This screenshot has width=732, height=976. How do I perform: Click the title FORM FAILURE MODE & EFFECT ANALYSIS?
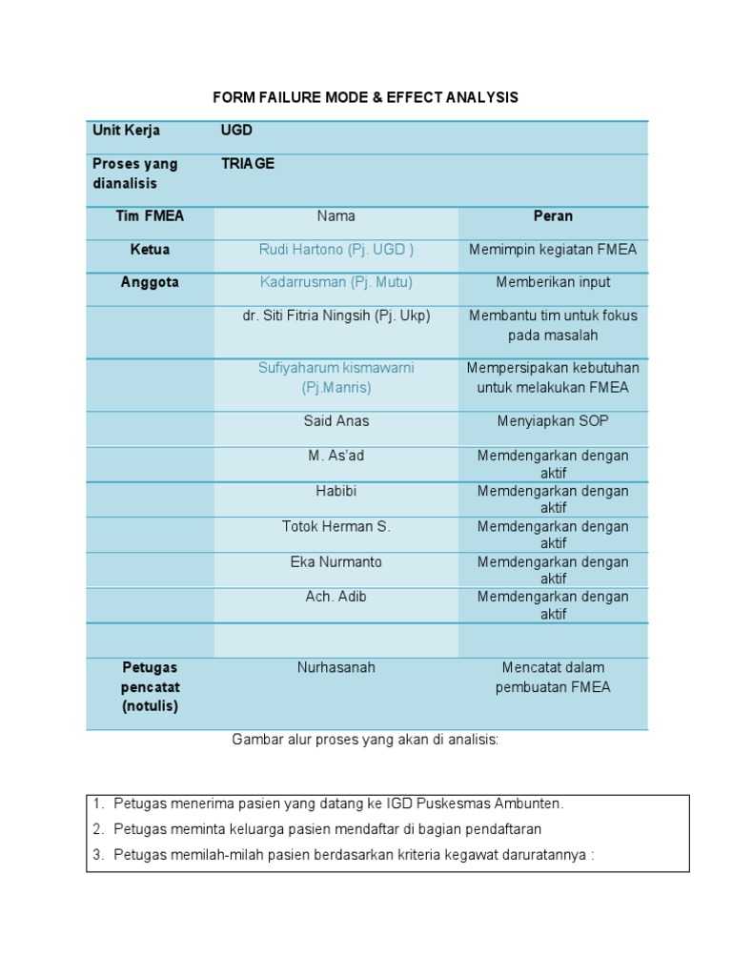[x=366, y=97]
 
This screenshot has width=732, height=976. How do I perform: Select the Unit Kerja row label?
[x=126, y=131]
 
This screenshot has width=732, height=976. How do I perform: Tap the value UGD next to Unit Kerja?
[x=236, y=131]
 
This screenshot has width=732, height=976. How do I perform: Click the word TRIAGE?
[x=248, y=164]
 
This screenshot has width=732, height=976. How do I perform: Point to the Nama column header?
[x=335, y=216]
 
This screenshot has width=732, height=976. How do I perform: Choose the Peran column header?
[x=553, y=216]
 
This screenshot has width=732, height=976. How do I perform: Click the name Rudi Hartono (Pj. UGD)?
[x=335, y=250]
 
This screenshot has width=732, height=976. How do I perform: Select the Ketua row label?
[x=150, y=250]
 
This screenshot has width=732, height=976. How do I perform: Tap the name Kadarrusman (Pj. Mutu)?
[x=335, y=282]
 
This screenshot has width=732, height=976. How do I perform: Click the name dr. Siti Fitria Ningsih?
[x=335, y=315]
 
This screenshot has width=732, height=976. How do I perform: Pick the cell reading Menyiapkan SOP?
[x=553, y=420]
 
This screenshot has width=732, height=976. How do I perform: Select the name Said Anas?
[x=335, y=420]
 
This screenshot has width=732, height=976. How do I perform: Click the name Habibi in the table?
[x=335, y=491]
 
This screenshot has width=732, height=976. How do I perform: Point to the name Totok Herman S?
[x=335, y=526]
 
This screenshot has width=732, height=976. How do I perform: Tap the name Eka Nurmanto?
[x=335, y=561]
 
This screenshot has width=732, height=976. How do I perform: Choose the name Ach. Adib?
[x=335, y=597]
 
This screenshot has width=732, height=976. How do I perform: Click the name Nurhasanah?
[x=335, y=668]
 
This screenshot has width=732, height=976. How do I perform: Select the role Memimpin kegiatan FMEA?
[x=553, y=250]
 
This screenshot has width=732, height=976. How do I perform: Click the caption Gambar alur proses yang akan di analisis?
[x=366, y=741]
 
